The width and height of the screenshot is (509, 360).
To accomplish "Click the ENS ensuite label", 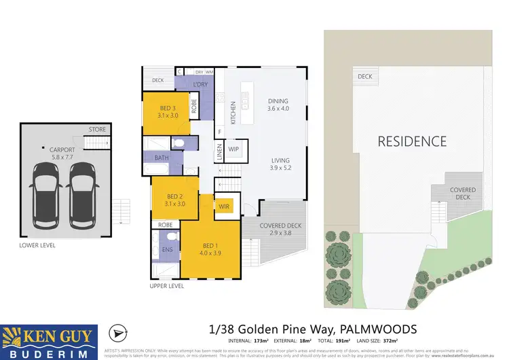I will tap(168, 249).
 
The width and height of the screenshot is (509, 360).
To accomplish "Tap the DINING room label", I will tap(278, 99).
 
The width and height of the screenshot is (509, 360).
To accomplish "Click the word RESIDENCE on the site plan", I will tap(412, 141).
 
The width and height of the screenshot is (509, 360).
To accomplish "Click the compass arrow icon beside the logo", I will tap(117, 334).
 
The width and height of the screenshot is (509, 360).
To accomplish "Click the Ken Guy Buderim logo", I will tap(50, 340).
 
